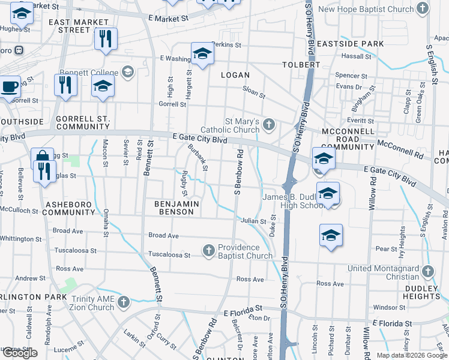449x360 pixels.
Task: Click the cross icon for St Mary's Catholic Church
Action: pyautogui.click(x=270, y=125)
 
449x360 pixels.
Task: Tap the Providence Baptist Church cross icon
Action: pyautogui.click(x=209, y=251)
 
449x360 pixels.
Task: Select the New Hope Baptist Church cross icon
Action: pyautogui.click(x=423, y=8)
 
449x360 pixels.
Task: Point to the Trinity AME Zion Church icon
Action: pyautogui.click(x=124, y=301)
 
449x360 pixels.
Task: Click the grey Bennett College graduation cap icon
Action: pyautogui.click(x=127, y=73)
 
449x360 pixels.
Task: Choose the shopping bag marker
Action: pyautogui.click(x=42, y=158)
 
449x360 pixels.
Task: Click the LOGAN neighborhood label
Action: pyautogui.click(x=235, y=75)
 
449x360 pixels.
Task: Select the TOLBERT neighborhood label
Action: pyautogui.click(x=302, y=64)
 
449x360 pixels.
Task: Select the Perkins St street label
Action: pyautogui.click(x=226, y=45)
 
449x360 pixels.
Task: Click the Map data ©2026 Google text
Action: pyautogui.click(x=412, y=355)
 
